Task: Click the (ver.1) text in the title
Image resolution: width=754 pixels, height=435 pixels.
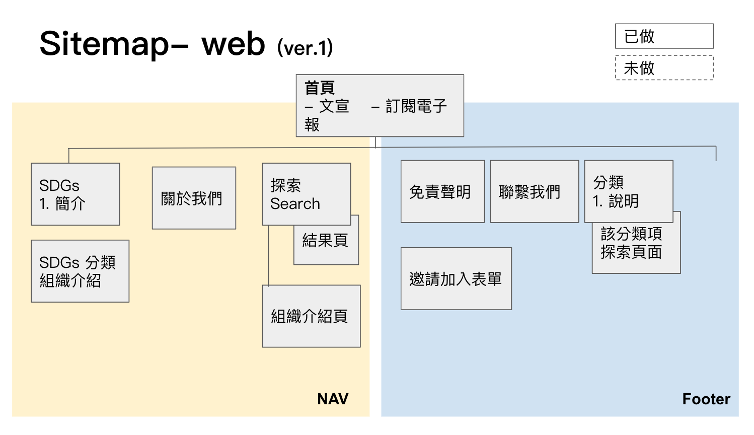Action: [x=305, y=48]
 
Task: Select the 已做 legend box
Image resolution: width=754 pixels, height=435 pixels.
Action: [x=664, y=36]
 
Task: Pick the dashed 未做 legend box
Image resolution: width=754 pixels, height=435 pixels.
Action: [x=664, y=67]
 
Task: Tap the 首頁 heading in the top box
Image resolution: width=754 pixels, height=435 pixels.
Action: [x=320, y=88]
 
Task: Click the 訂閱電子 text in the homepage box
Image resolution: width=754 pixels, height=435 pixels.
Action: [x=416, y=106]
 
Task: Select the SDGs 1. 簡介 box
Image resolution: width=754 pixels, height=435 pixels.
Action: [x=75, y=194]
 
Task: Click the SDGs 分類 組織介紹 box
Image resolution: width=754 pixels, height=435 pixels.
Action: [x=80, y=271]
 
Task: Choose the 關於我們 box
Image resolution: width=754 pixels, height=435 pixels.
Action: [x=194, y=198]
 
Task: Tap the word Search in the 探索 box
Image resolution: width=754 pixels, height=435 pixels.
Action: [x=295, y=204]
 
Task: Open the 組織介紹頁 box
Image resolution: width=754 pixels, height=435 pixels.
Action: [x=311, y=316]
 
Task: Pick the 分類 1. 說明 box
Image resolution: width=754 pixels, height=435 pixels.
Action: [x=628, y=192]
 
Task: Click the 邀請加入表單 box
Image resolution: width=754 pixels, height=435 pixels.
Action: [x=456, y=279]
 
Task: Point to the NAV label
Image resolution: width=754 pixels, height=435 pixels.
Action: [x=333, y=399]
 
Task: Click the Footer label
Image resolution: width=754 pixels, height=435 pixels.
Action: [x=706, y=399]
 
